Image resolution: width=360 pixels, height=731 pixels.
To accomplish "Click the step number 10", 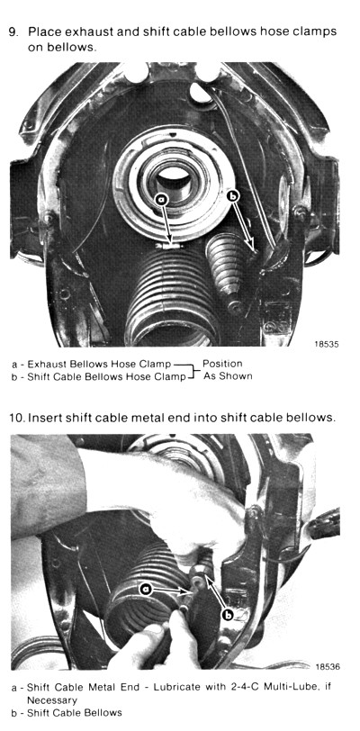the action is pos(17,417).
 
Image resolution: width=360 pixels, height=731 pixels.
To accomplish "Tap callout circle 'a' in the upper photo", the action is pos(161,200).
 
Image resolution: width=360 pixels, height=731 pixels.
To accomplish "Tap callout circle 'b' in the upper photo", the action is pos(232,197).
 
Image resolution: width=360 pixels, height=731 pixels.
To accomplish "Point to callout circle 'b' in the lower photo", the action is pos(228,616).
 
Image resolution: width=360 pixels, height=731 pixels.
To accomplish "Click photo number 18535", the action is pos(327,345).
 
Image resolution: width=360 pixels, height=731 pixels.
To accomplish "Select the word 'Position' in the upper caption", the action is pos(222,363).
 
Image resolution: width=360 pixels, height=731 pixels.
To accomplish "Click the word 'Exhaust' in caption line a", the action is pos(43,364).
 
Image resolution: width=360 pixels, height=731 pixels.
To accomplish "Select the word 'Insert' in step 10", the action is pos(43,417).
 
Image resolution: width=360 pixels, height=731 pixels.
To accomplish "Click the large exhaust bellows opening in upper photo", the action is pos(172,332).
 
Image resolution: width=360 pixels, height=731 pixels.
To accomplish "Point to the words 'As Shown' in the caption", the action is pos(228,375).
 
